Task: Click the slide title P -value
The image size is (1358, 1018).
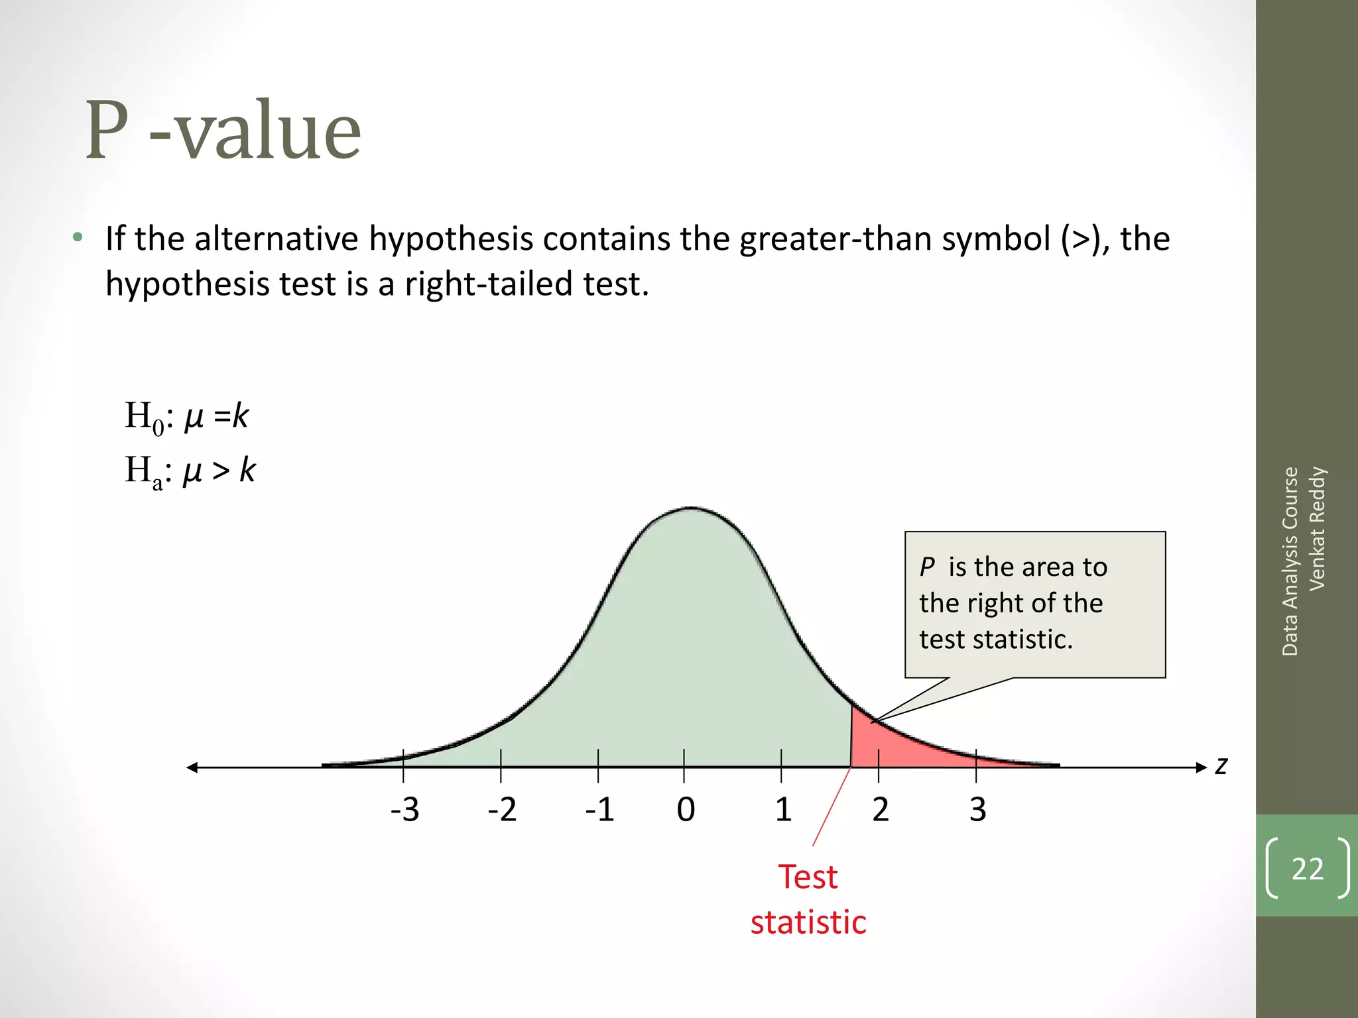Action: tap(223, 131)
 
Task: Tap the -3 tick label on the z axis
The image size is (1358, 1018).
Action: tap(404, 810)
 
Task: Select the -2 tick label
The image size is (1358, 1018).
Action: tap(502, 810)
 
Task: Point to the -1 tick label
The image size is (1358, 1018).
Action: tap(599, 810)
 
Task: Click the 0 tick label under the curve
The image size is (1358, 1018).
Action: tap(686, 810)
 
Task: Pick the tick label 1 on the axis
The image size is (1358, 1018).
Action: tap(783, 810)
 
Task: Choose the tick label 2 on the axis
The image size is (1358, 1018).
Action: tap(880, 810)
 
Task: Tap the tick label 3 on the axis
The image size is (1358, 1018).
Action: tap(977, 810)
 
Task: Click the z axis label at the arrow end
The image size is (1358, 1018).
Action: tap(1221, 766)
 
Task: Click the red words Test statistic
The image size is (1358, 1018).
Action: tap(808, 899)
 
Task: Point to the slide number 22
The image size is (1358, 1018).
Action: tap(1307, 869)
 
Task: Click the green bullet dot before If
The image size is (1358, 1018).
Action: tap(78, 237)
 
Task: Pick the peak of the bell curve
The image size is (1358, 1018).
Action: tap(690, 508)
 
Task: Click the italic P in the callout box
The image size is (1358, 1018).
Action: tap(926, 567)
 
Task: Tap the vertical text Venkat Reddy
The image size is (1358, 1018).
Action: tap(1317, 528)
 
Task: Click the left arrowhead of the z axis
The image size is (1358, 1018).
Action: tap(192, 767)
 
